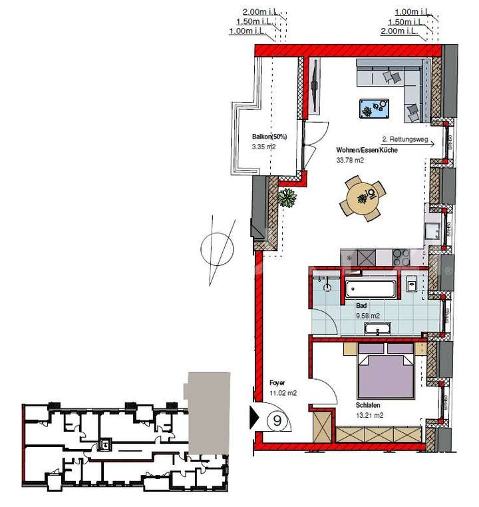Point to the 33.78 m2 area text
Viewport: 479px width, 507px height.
point(350,161)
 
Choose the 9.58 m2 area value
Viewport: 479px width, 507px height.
point(367,315)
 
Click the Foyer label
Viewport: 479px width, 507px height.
point(277,383)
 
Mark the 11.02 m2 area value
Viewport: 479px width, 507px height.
point(283,393)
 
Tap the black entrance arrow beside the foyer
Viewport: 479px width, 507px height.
point(253,418)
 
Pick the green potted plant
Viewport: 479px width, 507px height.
point(287,198)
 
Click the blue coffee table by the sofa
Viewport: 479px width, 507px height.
point(375,107)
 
